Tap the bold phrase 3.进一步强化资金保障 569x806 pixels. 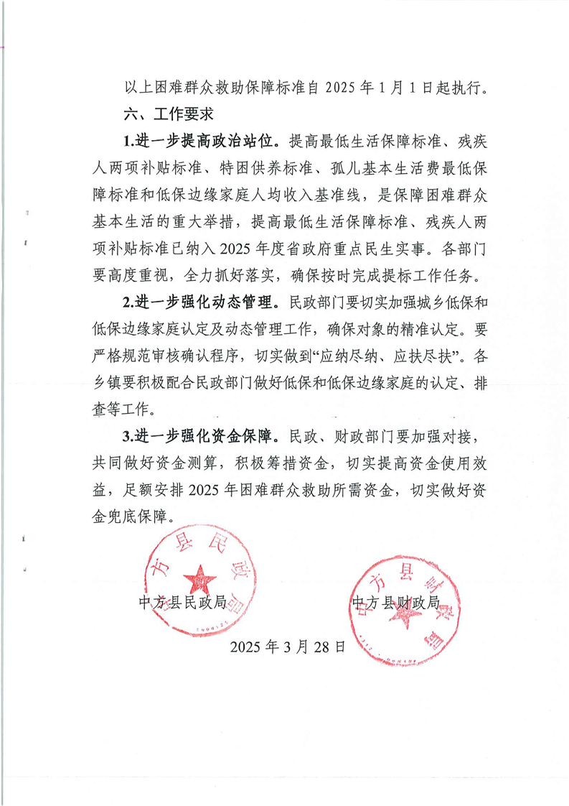tap(202, 436)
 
